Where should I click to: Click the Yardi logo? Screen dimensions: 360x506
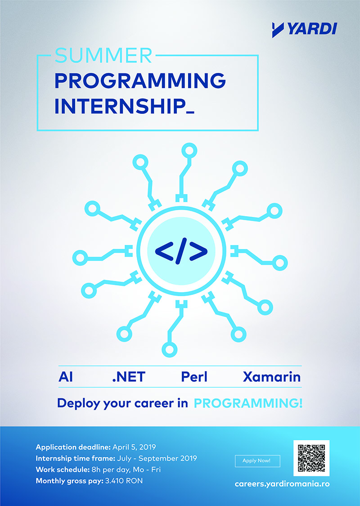304,29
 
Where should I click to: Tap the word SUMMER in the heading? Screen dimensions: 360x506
103,55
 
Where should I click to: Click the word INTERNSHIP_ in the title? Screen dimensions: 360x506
125,107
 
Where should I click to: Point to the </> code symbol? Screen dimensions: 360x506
181,251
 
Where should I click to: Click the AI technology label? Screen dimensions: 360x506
66,377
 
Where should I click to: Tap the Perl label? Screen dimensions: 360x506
194,377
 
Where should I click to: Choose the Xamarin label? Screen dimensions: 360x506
272,377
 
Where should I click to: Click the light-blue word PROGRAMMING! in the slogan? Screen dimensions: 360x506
248,403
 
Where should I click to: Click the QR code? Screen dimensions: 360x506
311,458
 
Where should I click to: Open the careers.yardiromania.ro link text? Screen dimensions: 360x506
282,484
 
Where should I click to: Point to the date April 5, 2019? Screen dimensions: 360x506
134,447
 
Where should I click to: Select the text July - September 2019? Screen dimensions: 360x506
158,459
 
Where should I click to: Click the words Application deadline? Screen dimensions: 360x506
73,447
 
